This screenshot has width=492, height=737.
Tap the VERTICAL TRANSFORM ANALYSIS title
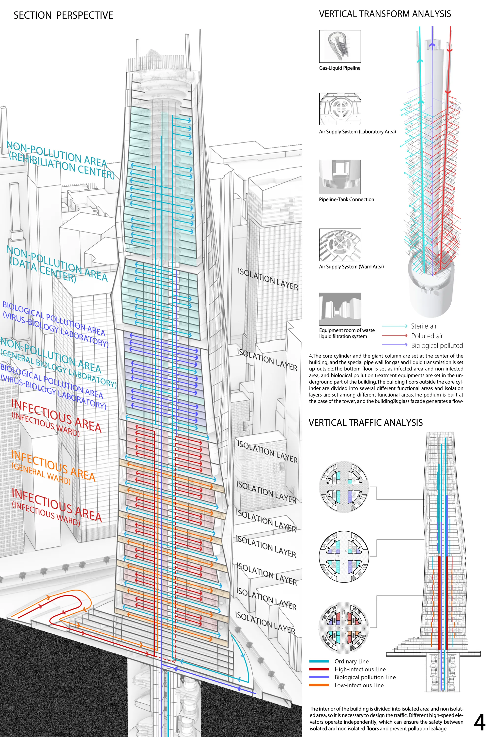[x=385, y=14]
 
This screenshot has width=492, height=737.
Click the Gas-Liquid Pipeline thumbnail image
[x=340, y=46]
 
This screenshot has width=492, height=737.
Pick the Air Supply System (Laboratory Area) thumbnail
[x=340, y=109]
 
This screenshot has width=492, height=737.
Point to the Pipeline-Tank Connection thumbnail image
[x=340, y=177]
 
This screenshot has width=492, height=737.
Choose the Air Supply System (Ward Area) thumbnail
[x=340, y=245]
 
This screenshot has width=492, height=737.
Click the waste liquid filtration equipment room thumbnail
[x=340, y=309]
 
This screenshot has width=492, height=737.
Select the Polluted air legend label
[x=427, y=336]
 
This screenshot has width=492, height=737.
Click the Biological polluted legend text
[x=437, y=345]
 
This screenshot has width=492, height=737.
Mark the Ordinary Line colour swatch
[x=319, y=661]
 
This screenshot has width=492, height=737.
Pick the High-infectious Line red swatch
[x=319, y=669]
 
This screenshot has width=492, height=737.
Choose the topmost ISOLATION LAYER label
[x=268, y=279]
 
